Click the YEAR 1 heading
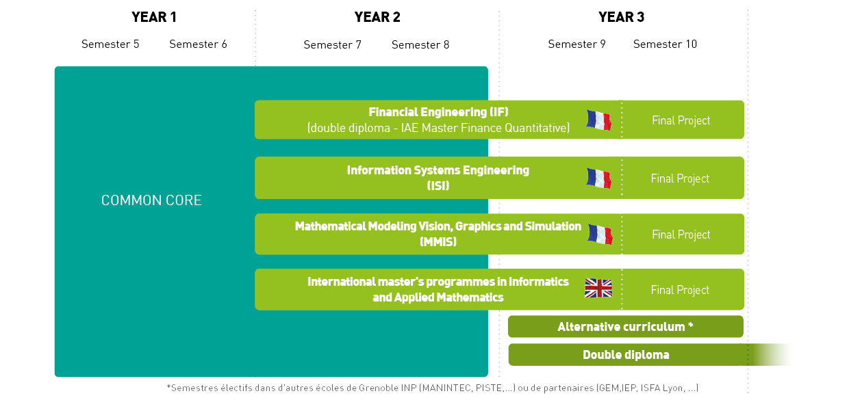(154, 17)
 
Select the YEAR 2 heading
(377, 17)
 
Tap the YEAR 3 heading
(621, 17)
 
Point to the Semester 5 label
(110, 44)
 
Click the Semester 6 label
(199, 44)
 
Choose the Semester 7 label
(332, 44)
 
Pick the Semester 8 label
(420, 44)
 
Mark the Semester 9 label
(577, 44)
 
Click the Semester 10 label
(666, 44)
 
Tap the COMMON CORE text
(151, 200)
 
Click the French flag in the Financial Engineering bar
(598, 120)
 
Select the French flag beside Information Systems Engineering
(598, 178)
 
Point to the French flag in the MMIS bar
(600, 235)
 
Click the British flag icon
(598, 289)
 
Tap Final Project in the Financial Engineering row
(681, 120)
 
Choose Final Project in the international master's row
(681, 290)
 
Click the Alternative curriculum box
(626, 327)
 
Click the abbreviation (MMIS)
(438, 241)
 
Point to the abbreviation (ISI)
(438, 185)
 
